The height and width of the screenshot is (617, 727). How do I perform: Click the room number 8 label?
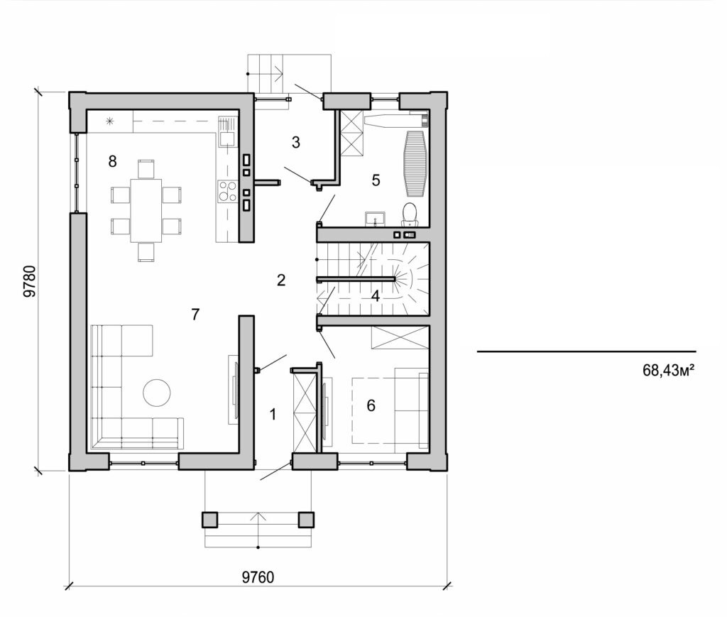112,161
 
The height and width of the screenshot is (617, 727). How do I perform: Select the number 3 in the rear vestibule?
296,142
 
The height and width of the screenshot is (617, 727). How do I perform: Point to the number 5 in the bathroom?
376,180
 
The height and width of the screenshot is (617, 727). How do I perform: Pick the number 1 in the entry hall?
273,415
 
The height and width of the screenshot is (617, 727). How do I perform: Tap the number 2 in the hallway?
281,280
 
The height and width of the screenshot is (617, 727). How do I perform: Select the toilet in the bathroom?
410,213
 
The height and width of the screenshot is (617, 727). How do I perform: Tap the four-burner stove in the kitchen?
227,191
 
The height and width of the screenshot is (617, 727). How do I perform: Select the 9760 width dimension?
258,577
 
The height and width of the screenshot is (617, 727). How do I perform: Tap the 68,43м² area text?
667,369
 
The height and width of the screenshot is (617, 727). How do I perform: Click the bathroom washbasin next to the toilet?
375,218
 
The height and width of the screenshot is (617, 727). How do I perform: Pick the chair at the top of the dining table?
146,169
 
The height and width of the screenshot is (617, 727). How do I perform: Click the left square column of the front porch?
211,520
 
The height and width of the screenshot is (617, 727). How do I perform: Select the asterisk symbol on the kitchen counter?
109,121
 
